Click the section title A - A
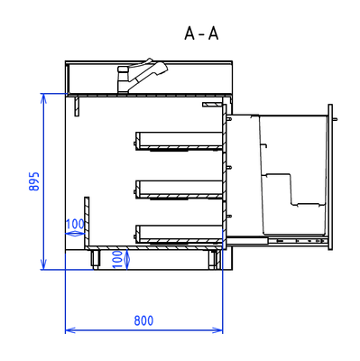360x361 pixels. tap(201, 33)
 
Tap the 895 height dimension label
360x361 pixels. tap(34, 181)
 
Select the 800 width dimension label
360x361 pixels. tap(143, 320)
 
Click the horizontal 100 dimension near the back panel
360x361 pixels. tap(75, 224)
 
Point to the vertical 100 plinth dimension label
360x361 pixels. tap(117, 259)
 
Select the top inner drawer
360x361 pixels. tap(179, 141)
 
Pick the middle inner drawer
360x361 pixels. tap(179, 190)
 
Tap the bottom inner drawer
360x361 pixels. tap(179, 234)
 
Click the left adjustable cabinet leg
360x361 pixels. tap(96, 259)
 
